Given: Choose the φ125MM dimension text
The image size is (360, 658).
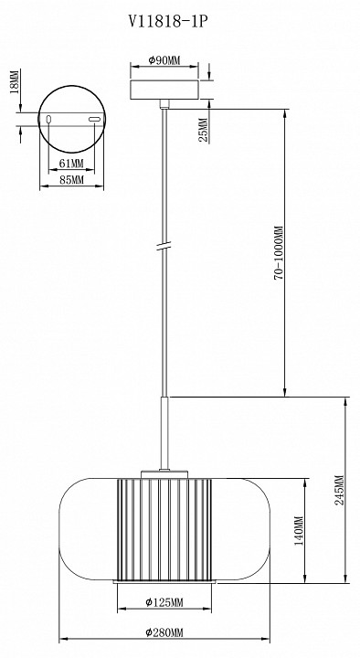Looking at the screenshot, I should (164, 602).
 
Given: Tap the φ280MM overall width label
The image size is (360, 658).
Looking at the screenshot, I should (164, 632).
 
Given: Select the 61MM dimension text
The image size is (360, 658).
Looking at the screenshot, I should (70, 163).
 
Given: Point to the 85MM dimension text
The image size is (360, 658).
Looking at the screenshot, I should (70, 181).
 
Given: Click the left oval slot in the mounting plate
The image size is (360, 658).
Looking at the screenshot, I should (49, 120).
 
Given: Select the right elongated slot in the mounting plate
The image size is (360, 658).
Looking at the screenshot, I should (94, 120).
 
